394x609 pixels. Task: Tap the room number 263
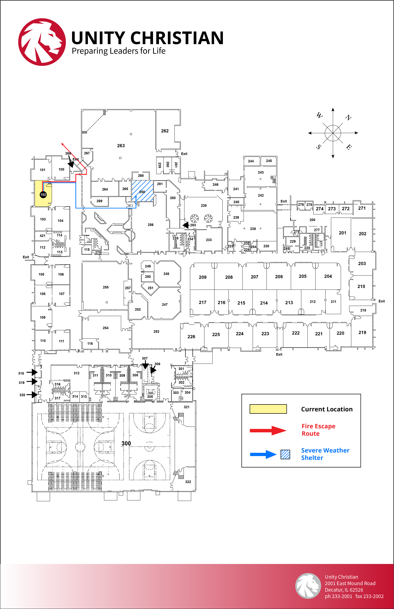[x=121, y=146]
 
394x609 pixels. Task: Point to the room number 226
[x=191, y=337]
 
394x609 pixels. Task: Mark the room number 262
[x=165, y=131]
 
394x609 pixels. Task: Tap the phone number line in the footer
[x=354, y=596]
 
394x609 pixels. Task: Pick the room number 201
[x=343, y=233]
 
